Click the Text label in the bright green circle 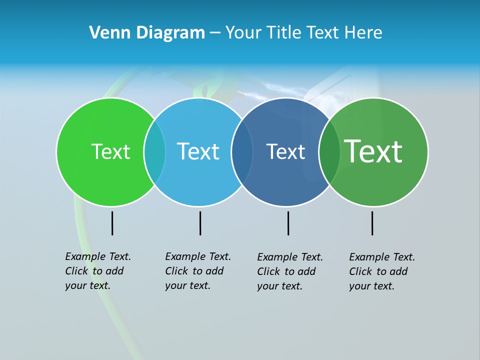pyautogui.click(x=110, y=151)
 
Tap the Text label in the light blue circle pyautogui.click(x=198, y=151)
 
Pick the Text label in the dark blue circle pyautogui.click(x=285, y=151)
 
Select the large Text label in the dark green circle pyautogui.click(x=373, y=151)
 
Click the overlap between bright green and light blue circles pyautogui.click(x=154, y=151)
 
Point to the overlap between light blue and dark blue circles pyautogui.click(x=242, y=151)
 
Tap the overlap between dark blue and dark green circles pyautogui.click(x=329, y=151)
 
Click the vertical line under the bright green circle pyautogui.click(x=112, y=223)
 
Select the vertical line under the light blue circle pyautogui.click(x=200, y=223)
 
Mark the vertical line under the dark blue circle pyautogui.click(x=288, y=223)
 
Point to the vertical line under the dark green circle pyautogui.click(x=372, y=223)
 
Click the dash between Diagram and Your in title pyautogui.click(x=215, y=33)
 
